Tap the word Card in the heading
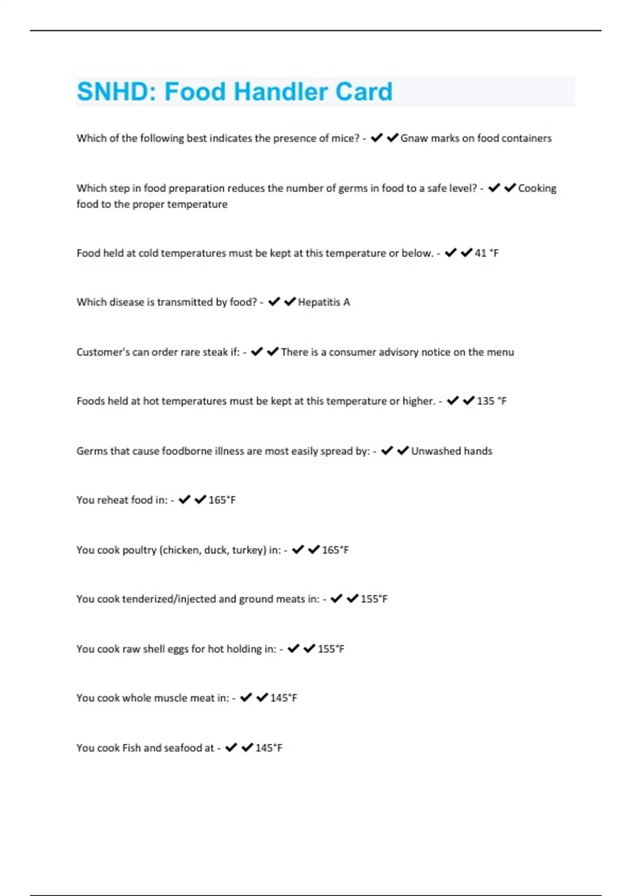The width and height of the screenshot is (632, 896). (364, 92)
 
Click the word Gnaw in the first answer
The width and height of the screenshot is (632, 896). (414, 138)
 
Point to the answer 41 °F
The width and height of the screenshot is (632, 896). (487, 253)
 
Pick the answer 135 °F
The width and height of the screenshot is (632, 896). (491, 401)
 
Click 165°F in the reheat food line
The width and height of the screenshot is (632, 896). (222, 500)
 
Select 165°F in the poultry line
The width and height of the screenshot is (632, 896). (335, 550)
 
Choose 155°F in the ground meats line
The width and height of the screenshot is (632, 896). (374, 599)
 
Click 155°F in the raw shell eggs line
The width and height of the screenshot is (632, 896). (331, 649)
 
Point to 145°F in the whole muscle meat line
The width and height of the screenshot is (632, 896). (283, 698)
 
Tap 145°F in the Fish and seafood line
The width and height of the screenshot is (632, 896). (269, 748)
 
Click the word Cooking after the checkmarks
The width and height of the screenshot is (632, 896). (537, 188)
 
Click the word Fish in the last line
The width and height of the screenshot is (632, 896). (131, 748)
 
